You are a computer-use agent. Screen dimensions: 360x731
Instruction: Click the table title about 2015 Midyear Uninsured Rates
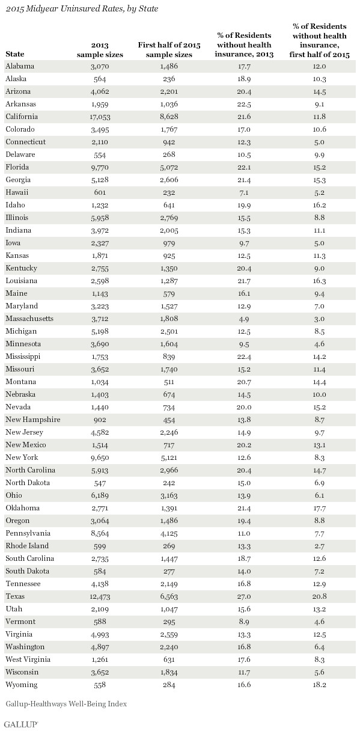pyautogui.click(x=82, y=9)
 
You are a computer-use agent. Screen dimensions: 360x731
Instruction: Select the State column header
pyautogui.click(x=14, y=54)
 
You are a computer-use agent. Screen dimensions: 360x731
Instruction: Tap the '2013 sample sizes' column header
pyautogui.click(x=100, y=50)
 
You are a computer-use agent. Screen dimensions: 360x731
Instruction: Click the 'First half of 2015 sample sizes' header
pyautogui.click(x=169, y=50)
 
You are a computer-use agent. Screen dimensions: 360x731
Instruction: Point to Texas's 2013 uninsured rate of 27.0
pyautogui.click(x=244, y=596)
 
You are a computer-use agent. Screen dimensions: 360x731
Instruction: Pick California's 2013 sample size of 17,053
pyautogui.click(x=100, y=117)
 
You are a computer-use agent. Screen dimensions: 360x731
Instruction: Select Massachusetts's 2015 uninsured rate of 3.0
pyautogui.click(x=319, y=319)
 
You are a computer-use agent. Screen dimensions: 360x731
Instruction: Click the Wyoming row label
pyautogui.click(x=22, y=685)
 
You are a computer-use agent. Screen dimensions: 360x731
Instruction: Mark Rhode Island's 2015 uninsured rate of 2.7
pyautogui.click(x=319, y=546)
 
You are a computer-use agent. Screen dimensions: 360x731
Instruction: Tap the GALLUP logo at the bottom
pyautogui.click(x=22, y=724)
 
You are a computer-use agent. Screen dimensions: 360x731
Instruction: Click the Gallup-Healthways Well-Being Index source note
pyautogui.click(x=66, y=704)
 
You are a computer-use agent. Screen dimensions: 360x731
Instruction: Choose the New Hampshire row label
pyautogui.click(x=33, y=420)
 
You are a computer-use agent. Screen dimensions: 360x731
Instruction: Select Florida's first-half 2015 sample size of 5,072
pyautogui.click(x=169, y=167)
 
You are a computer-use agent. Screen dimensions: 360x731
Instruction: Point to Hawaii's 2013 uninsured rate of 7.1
pyautogui.click(x=244, y=192)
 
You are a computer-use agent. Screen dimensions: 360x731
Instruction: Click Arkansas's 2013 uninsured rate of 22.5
pyautogui.click(x=244, y=104)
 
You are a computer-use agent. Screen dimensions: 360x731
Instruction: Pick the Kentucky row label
pyautogui.click(x=21, y=268)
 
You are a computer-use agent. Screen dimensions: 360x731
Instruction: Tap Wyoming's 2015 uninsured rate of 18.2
pyautogui.click(x=319, y=685)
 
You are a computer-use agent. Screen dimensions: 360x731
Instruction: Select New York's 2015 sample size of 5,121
pyautogui.click(x=169, y=457)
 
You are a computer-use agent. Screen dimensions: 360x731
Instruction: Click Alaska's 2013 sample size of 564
pyautogui.click(x=100, y=79)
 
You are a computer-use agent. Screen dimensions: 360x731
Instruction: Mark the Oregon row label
pyautogui.click(x=17, y=521)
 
